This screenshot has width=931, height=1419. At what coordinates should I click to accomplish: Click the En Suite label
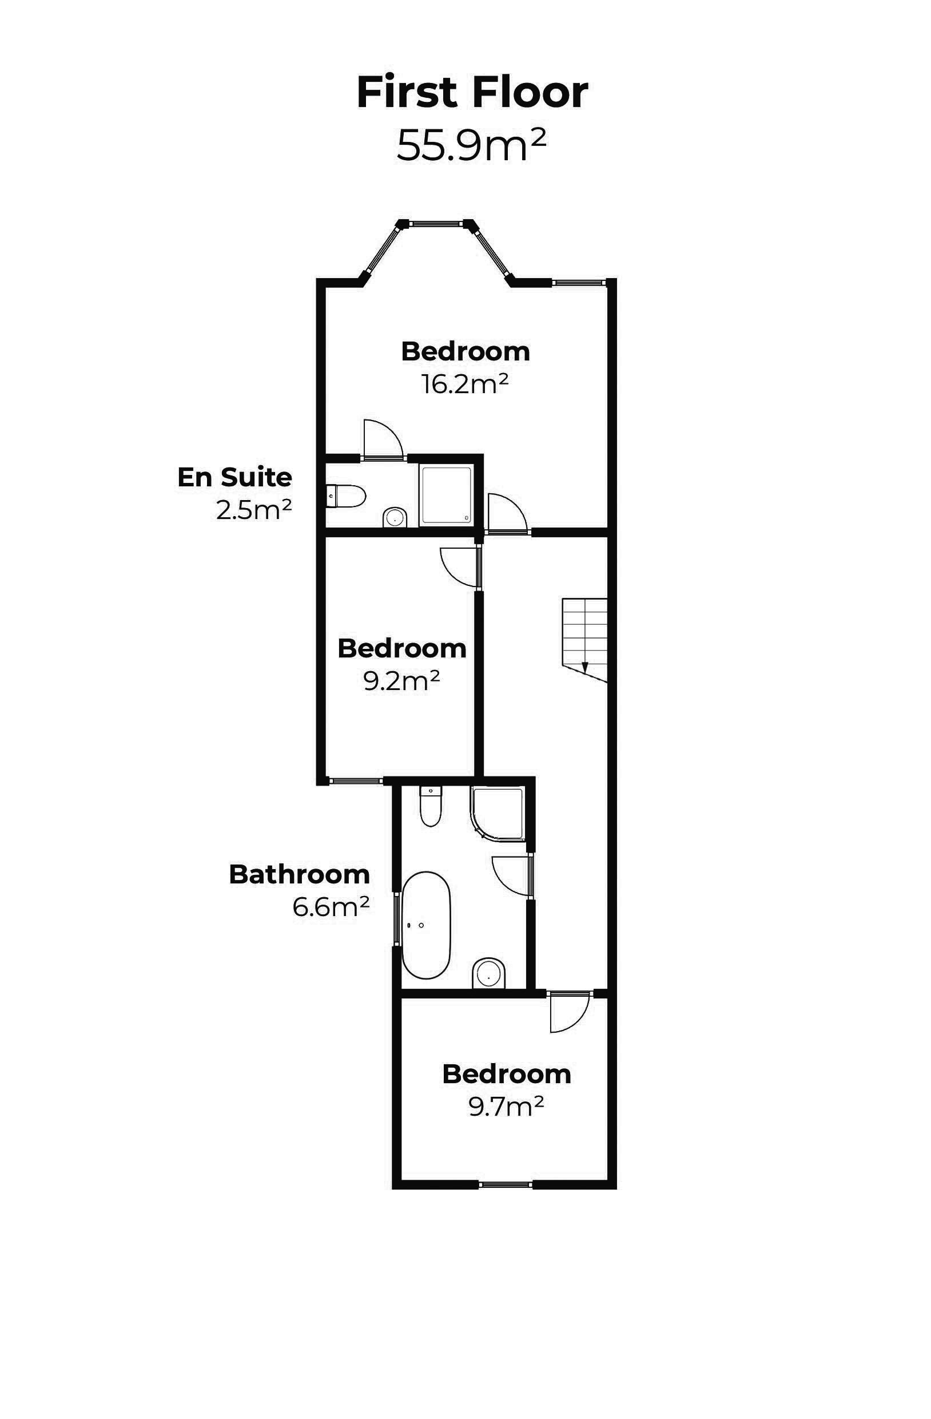(x=235, y=477)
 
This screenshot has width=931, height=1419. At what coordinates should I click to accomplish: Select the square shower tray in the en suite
(x=446, y=496)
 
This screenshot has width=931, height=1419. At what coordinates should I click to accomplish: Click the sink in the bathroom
(x=489, y=973)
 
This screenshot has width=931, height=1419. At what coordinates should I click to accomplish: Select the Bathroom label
(x=299, y=875)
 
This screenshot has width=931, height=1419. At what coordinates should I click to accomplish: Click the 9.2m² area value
(x=401, y=680)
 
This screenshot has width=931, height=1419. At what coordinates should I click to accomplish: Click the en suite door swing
(x=383, y=439)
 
